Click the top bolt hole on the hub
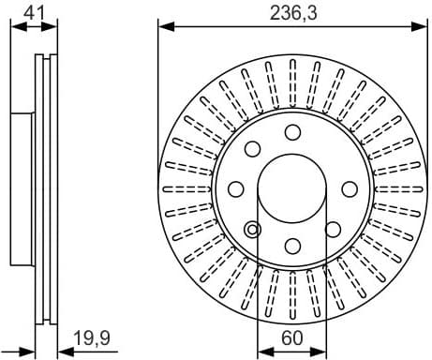click(292, 131)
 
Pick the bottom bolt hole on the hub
click(292, 246)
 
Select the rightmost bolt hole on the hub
click(350, 187)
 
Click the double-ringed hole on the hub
click(251, 229)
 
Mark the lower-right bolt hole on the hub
click(333, 229)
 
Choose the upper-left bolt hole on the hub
click(251, 148)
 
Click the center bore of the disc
click(292, 188)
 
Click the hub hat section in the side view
click(21, 187)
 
